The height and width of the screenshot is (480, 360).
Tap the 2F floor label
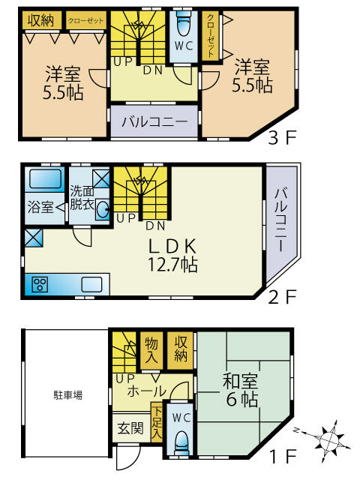283,296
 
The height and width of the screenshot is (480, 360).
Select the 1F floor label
283,455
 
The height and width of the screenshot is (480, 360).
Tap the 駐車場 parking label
67,393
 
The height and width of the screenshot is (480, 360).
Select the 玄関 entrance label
130,429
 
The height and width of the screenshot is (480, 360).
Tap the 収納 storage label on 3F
41,19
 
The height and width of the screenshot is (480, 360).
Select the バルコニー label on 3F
154,121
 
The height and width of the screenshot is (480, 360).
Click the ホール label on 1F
147,391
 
